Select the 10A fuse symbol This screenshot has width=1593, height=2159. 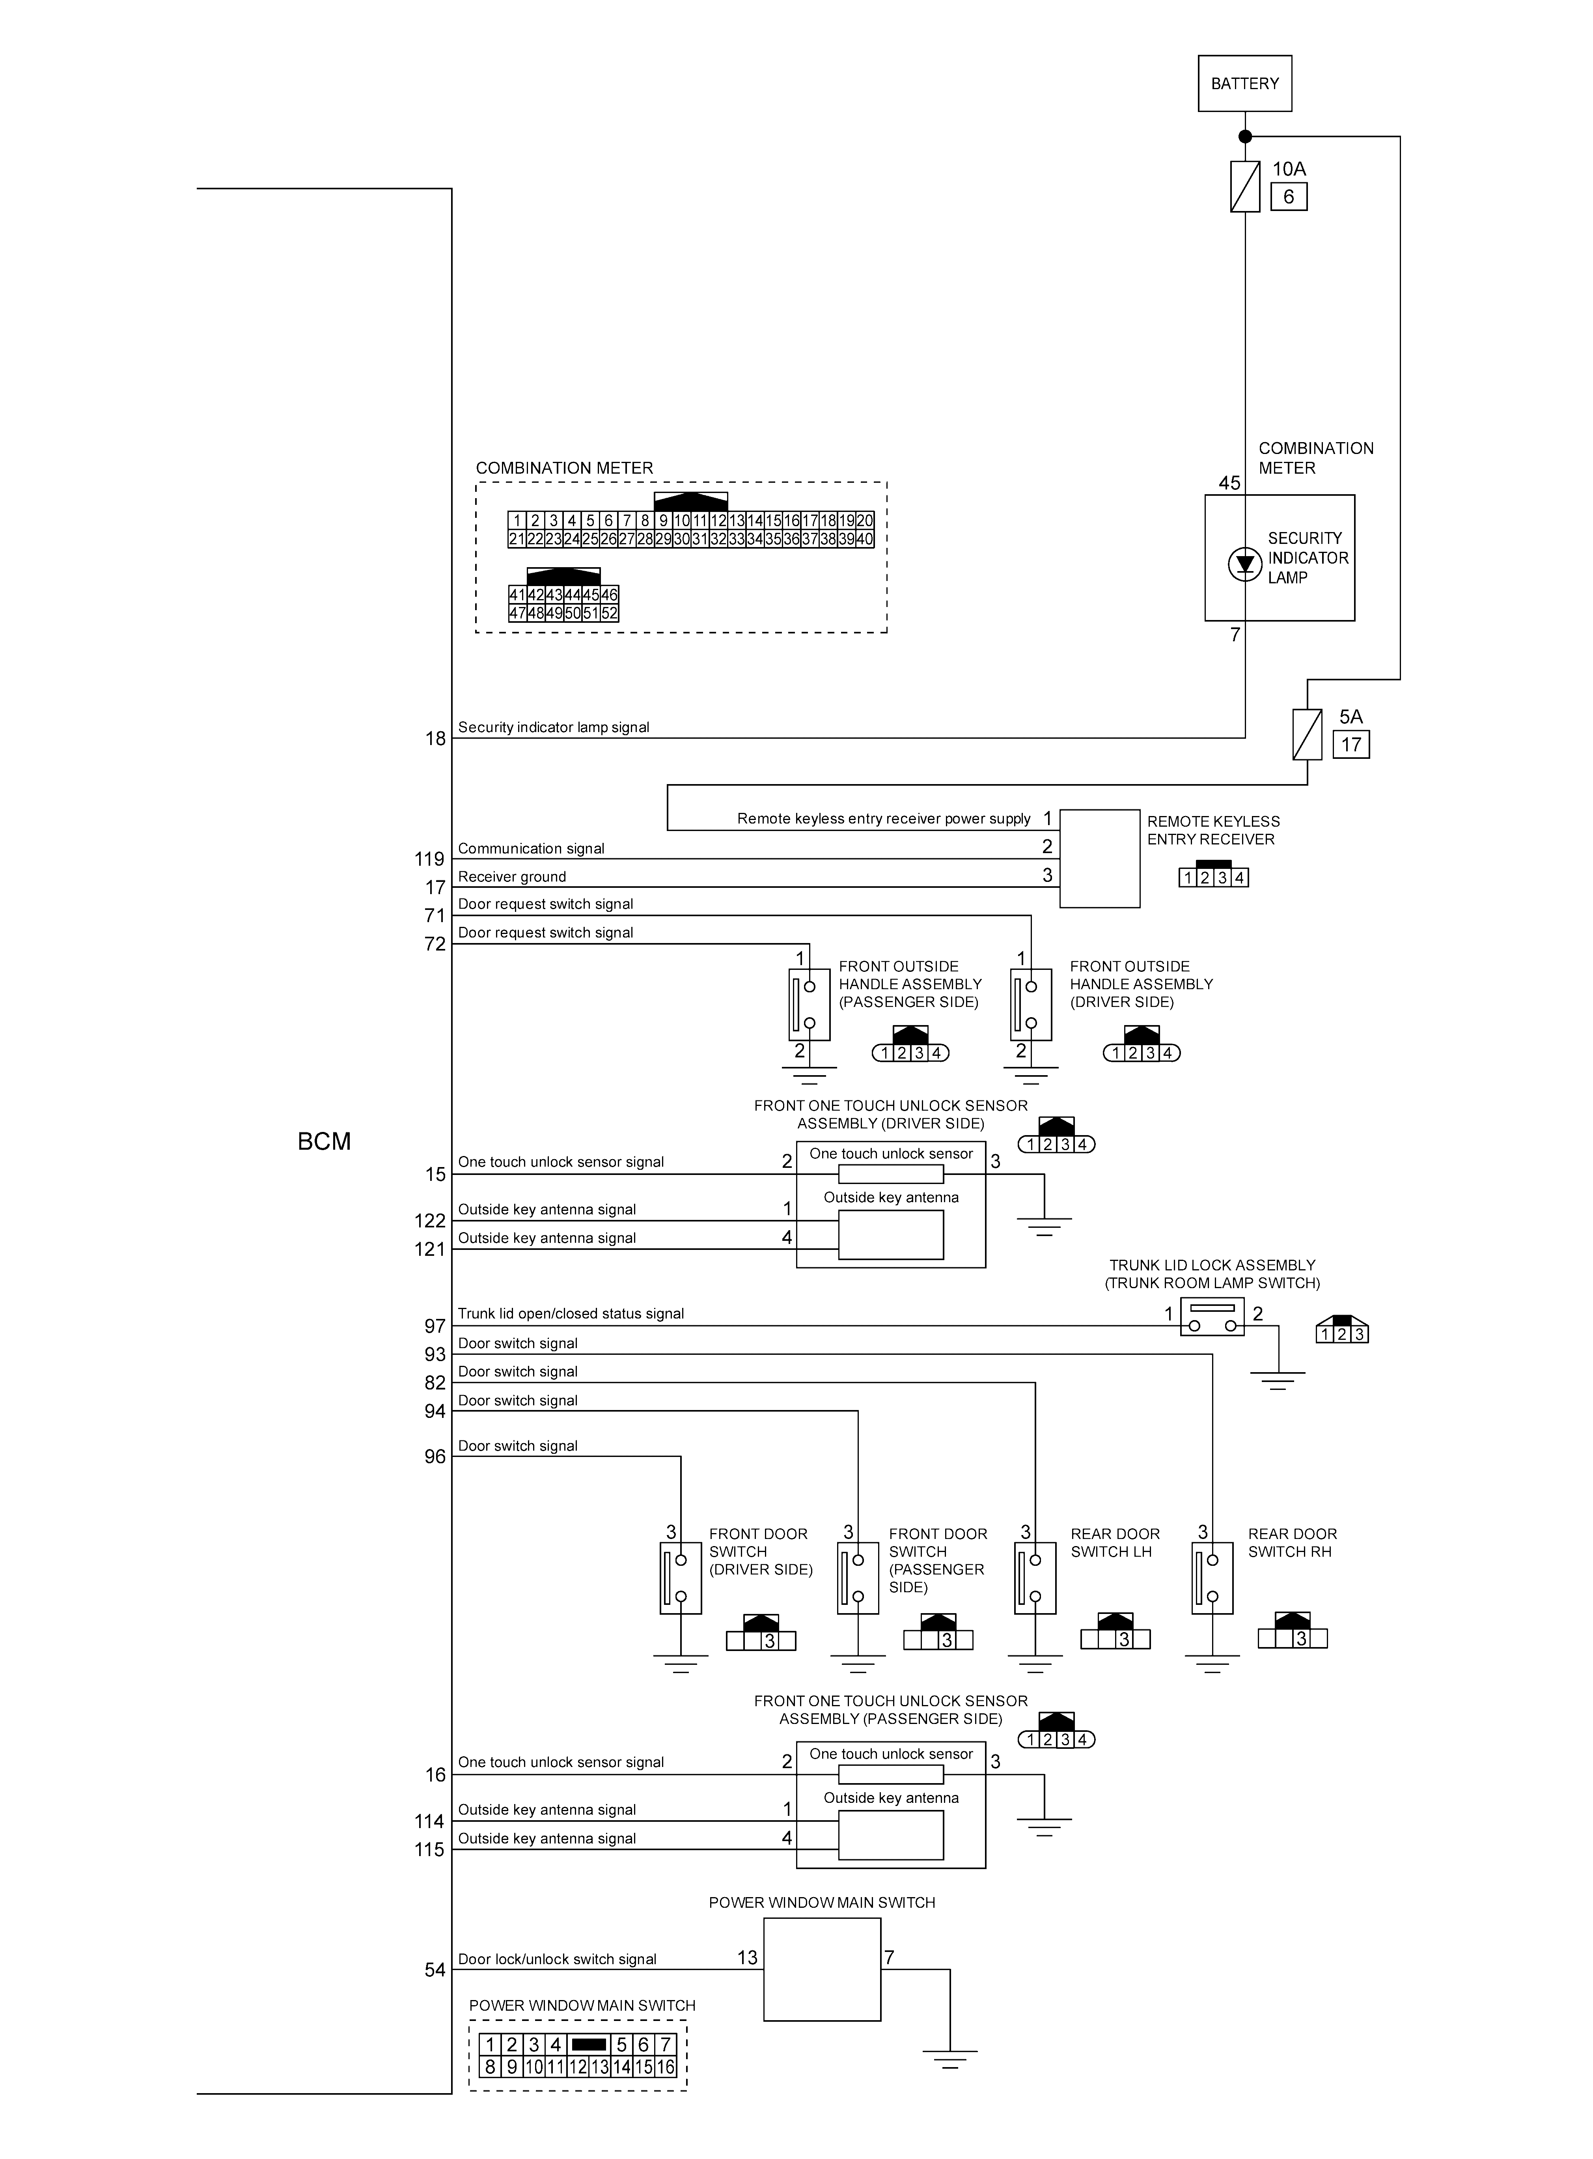[x=1245, y=186]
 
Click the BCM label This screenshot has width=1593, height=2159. [x=324, y=1142]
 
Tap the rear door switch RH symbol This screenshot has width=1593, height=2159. [x=1212, y=1578]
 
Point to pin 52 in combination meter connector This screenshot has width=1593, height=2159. [x=610, y=613]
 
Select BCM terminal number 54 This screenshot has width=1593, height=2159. [x=435, y=1970]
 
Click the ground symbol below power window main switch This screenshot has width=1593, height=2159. [x=950, y=2058]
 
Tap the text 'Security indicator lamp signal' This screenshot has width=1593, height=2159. [x=554, y=727]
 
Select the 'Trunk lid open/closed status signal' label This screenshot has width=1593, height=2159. [x=571, y=1313]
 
